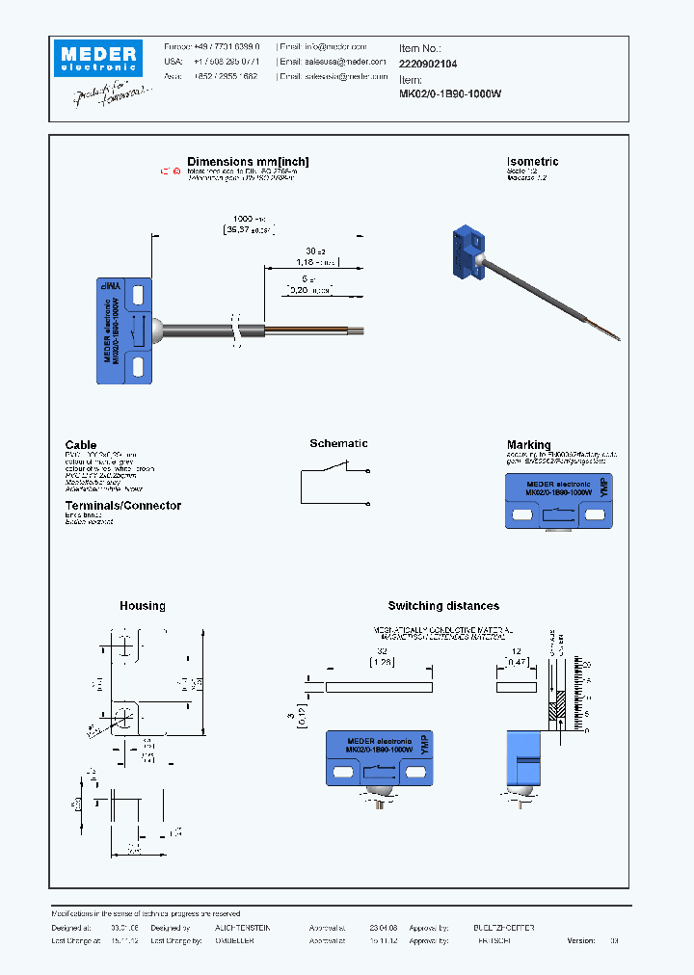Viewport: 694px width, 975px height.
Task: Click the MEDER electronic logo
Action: pyautogui.click(x=97, y=56)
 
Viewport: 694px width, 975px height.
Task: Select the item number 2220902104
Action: pyautogui.click(x=428, y=63)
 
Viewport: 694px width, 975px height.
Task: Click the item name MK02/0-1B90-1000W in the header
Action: pyautogui.click(x=450, y=94)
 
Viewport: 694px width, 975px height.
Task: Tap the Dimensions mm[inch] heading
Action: pyautogui.click(x=248, y=162)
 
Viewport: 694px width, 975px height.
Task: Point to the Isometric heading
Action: pyautogui.click(x=532, y=162)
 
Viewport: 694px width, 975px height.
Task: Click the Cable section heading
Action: pyautogui.click(x=81, y=445)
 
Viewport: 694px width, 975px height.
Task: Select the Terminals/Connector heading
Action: pyautogui.click(x=122, y=506)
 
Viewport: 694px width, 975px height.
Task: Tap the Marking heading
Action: pyautogui.click(x=528, y=445)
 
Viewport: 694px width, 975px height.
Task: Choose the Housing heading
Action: pyautogui.click(x=143, y=606)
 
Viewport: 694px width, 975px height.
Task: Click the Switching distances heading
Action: pyautogui.click(x=443, y=606)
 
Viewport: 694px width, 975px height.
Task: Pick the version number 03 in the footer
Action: pyautogui.click(x=613, y=940)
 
